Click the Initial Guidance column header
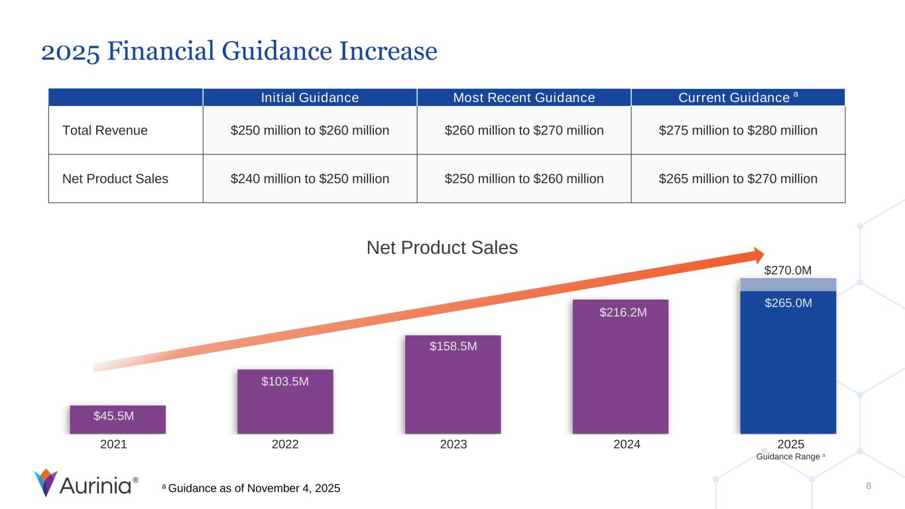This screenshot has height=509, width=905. click(310, 98)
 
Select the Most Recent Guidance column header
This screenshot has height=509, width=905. click(524, 98)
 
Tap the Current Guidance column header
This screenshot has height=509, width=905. click(738, 98)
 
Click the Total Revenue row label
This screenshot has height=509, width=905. click(105, 131)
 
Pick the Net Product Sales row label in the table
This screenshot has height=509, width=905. click(115, 178)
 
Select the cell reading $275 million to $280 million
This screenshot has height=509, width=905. click(738, 131)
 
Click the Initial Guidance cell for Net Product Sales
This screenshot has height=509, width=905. click(310, 178)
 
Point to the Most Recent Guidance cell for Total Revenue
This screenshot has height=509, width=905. click(524, 131)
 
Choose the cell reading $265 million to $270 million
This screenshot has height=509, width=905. click(738, 178)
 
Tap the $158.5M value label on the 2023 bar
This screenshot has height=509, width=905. click(453, 346)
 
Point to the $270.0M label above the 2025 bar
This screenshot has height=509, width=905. click(788, 270)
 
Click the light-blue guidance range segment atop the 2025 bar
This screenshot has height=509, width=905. click(788, 284)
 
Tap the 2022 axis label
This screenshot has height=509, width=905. click(285, 445)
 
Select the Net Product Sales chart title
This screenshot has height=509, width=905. click(442, 248)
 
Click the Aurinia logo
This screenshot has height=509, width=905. click(86, 483)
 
